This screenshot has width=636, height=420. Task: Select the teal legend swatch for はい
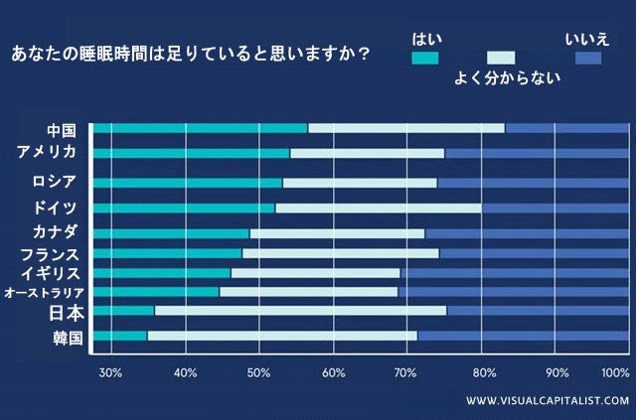coord(424,58)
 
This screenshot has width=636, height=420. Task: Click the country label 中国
coord(62,130)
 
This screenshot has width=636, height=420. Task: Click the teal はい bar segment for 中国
coord(200,128)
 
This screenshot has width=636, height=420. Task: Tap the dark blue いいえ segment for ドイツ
coord(555,208)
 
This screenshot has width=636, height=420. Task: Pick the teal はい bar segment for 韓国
coord(119,336)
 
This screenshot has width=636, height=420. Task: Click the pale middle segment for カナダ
coord(337,233)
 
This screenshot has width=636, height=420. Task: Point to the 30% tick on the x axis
coord(110,373)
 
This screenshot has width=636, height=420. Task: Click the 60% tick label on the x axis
coord(333,373)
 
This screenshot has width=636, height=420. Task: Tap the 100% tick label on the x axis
coord(615,373)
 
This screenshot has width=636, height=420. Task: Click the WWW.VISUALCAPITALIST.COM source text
coord(548,400)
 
